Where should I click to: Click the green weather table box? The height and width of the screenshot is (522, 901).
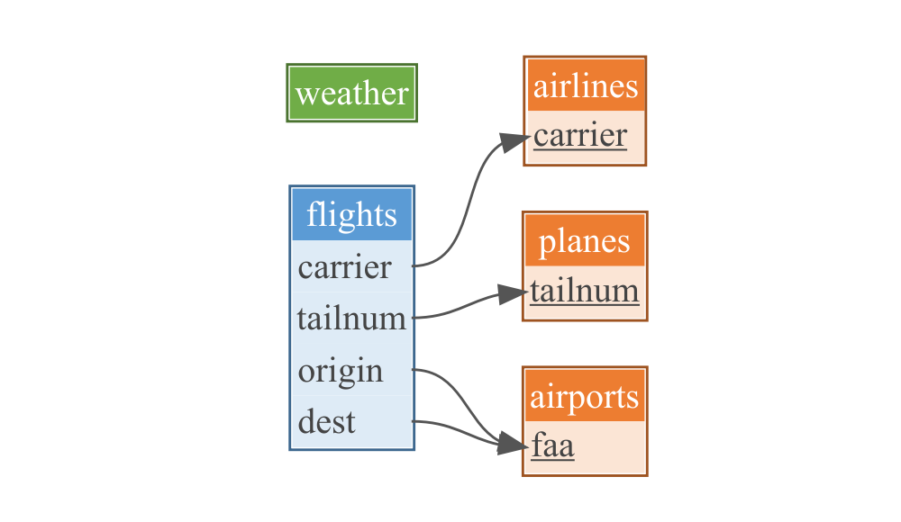pos(351,93)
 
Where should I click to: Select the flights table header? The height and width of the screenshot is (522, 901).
pos(351,215)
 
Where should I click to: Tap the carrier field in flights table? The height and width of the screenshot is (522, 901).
pos(345,267)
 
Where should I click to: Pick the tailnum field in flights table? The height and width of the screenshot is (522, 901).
pos(351,319)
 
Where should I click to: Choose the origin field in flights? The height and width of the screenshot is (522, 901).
pos(341,371)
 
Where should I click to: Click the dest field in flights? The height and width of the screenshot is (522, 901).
pos(327,421)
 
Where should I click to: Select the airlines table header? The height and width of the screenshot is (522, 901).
pos(585,86)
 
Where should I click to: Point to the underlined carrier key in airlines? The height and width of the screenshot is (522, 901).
pos(579,136)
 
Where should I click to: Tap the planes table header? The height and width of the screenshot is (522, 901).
pos(585,241)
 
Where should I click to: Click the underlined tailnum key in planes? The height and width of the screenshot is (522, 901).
pos(585,291)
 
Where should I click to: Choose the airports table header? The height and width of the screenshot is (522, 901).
pos(585,397)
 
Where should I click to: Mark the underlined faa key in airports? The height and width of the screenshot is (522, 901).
pos(552,446)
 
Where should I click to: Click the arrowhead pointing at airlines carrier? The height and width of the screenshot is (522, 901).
pos(516,139)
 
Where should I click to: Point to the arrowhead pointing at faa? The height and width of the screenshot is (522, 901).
pos(514,445)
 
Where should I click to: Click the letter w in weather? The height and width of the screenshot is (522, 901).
pos(306,94)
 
